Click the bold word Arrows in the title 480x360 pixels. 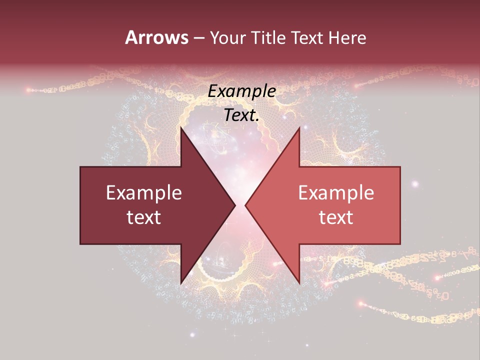click(156, 37)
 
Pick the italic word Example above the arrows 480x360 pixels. click(242, 91)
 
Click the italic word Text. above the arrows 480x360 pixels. click(242, 115)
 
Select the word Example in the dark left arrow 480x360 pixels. click(144, 193)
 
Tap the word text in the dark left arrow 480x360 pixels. click(144, 217)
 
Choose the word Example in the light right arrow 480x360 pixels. click(336, 193)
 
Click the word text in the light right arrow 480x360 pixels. click(336, 217)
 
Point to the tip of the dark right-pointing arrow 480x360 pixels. click(235, 205)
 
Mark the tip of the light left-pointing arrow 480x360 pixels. click(245, 205)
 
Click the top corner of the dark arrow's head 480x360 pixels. click(181, 127)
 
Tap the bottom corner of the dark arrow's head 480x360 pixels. click(181, 283)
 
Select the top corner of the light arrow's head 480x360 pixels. click(299, 127)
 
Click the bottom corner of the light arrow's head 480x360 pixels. click(299, 283)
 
